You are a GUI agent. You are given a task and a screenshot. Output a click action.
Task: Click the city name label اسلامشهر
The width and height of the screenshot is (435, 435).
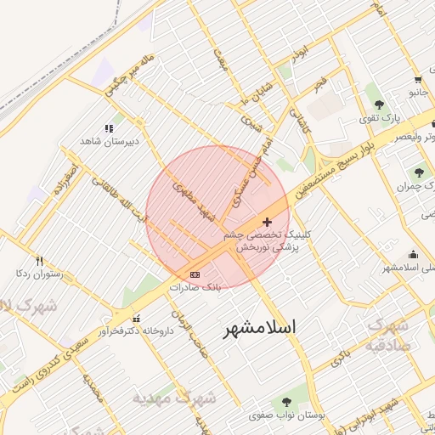click(261, 327)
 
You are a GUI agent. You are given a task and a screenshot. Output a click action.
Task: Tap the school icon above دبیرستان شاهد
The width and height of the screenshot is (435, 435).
click(109, 128)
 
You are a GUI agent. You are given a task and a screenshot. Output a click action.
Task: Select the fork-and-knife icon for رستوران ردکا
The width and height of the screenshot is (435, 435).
click(38, 260)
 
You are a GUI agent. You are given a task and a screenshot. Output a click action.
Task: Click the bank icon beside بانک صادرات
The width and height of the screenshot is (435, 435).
click(195, 275)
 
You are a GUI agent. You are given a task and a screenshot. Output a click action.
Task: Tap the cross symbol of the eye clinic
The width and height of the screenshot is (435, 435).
click(268, 222)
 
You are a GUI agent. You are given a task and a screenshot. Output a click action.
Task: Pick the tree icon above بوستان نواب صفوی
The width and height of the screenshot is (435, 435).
click(285, 401)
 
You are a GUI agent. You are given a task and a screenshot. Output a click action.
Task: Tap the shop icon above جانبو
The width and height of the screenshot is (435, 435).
click(416, 77)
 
